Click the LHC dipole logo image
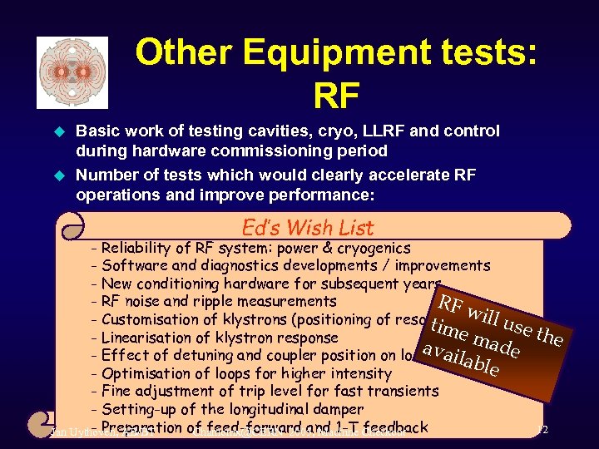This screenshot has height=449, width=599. point(72,72)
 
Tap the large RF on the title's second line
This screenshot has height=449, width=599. point(336,96)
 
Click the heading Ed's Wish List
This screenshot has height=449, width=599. point(307,227)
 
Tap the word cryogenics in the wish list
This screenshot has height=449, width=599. point(372,248)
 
